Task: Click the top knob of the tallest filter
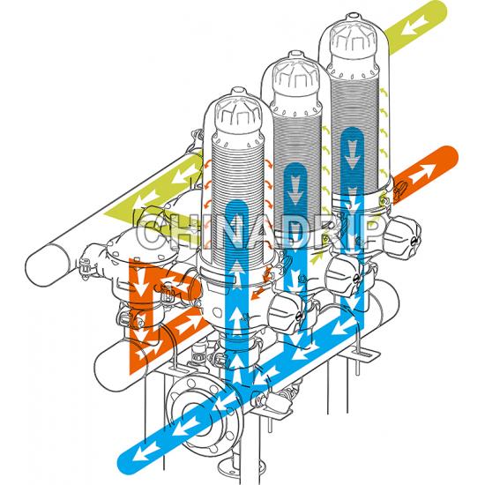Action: coord(353,17)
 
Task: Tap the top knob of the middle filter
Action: coord(295,55)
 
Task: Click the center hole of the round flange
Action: coord(193,414)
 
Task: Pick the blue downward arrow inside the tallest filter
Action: coord(352,153)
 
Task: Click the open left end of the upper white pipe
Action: coord(47,265)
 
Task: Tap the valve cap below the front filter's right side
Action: coord(286,312)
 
